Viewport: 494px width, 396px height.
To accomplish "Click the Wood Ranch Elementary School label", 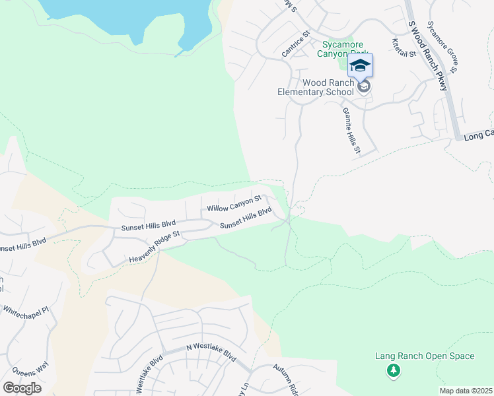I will point(315,87).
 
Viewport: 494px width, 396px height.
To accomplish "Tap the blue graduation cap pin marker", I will point(360,65).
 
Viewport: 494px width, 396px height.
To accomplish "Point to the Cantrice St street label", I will point(295,43).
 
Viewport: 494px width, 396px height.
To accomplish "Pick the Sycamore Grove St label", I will point(442,46).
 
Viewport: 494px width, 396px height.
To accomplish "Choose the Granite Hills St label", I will point(351,132).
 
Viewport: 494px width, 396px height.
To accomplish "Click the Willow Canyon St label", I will point(234,203).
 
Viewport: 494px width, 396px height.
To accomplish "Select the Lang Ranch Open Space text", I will point(425,356).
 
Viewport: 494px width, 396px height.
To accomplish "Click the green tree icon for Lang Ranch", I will point(394,371).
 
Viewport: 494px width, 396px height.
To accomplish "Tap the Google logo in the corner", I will point(22,388).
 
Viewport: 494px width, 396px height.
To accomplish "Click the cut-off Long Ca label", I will point(478,134).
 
